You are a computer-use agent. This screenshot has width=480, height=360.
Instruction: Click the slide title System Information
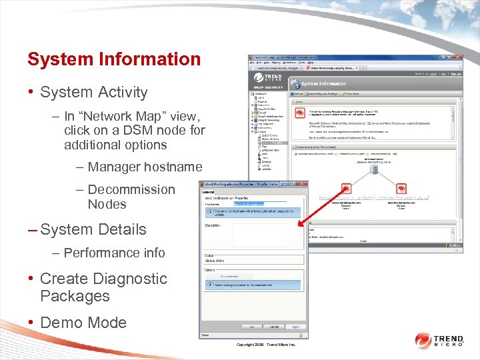pyautogui.click(x=114, y=59)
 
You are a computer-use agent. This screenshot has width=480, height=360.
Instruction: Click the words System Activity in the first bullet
pyautogui.click(x=93, y=93)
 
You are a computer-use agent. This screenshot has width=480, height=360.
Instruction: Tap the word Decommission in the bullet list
pyautogui.click(x=131, y=189)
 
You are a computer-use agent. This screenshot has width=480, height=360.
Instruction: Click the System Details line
pyautogui.click(x=93, y=229)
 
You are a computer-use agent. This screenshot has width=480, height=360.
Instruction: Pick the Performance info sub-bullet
pyautogui.click(x=114, y=253)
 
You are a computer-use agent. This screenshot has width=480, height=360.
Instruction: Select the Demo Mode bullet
pyautogui.click(x=83, y=323)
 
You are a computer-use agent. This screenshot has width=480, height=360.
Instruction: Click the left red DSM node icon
pyautogui.click(x=346, y=189)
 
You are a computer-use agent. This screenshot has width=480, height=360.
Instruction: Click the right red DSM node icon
pyautogui.click(x=401, y=189)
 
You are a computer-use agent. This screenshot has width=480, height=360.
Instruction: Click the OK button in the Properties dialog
pyautogui.click(x=251, y=327)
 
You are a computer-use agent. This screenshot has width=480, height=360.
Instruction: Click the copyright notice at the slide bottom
pyautogui.click(x=265, y=345)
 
